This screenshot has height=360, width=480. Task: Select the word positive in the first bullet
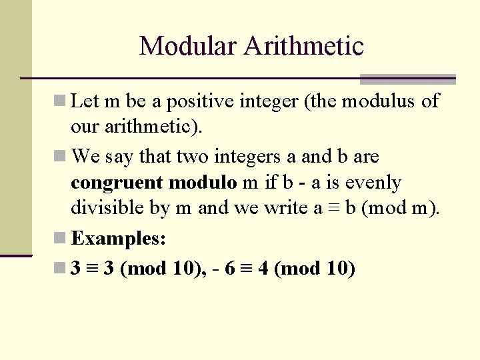point(204,101)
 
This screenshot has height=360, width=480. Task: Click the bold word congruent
point(117,183)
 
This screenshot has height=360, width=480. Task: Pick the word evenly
point(371,183)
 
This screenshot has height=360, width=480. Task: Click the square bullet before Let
point(60,101)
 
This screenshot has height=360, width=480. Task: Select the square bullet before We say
point(60,157)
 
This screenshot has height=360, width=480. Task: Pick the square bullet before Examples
point(60,238)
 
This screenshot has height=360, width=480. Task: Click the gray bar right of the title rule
point(407,79)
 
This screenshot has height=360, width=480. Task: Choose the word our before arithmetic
point(83,127)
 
